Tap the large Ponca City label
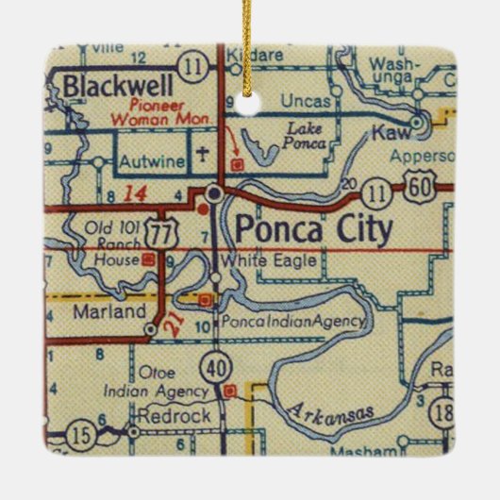310,229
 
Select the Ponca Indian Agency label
292,322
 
